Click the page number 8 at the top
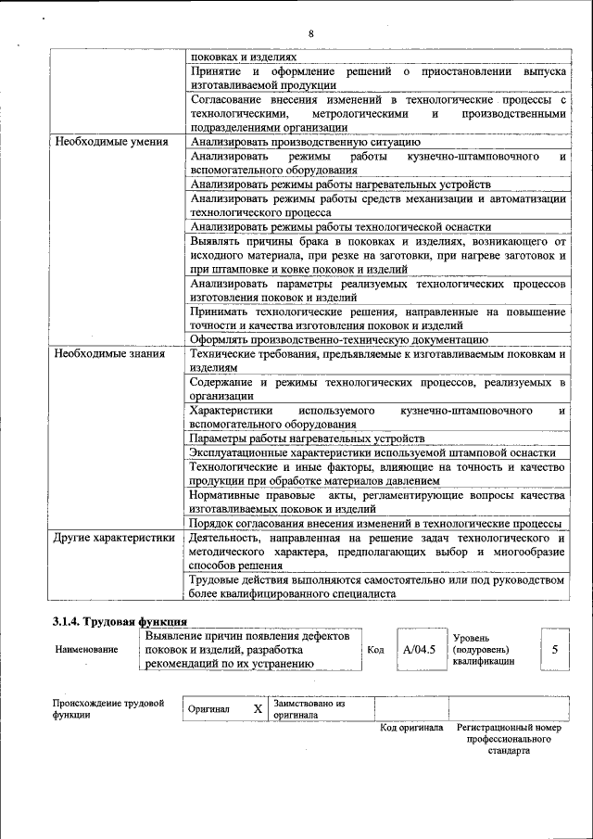click(x=311, y=34)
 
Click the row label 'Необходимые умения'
click(x=111, y=143)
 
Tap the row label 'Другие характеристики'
click(x=114, y=538)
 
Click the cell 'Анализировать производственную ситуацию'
click(x=306, y=143)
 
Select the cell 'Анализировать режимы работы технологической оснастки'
click(x=340, y=226)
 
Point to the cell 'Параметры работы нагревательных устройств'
click(x=308, y=438)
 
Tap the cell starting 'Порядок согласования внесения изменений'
click(x=376, y=523)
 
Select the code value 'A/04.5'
click(x=419, y=650)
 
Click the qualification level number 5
click(x=554, y=650)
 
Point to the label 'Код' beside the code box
click(x=375, y=650)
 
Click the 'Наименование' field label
click(x=87, y=650)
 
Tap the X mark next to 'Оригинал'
click(x=258, y=709)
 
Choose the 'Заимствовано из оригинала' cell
click(x=309, y=709)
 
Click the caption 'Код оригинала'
click(x=410, y=728)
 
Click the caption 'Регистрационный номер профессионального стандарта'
click(x=509, y=739)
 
